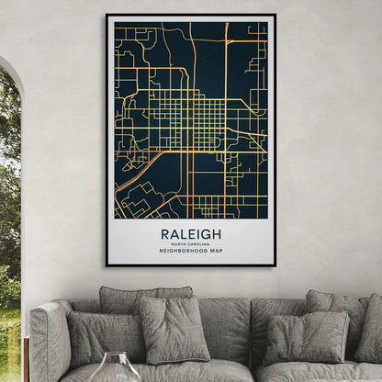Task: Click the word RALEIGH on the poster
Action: pos(191,234)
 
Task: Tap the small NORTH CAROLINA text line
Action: pos(191,243)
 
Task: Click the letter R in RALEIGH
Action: pos(165,234)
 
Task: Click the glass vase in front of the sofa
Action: pos(115,367)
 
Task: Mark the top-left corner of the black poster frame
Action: pos(107,15)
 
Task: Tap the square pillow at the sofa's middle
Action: pos(174,328)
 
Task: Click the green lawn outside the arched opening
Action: pos(9,340)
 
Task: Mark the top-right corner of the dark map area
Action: pos(267,23)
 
